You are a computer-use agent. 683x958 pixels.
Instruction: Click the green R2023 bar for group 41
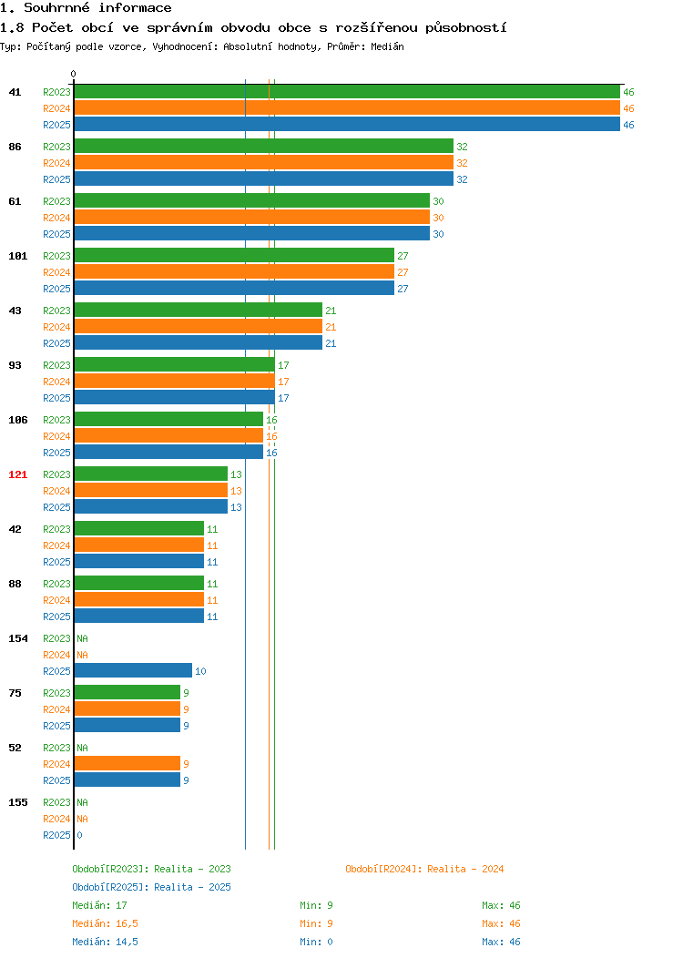(347, 92)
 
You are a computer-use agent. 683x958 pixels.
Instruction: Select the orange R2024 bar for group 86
(264, 162)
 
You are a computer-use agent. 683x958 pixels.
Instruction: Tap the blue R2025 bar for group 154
(133, 670)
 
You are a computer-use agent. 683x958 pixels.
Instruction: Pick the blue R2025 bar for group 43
(198, 342)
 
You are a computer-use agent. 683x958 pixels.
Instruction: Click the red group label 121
(17, 474)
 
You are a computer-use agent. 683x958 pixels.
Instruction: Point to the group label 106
(17, 420)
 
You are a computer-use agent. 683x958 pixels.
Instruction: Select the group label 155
(17, 802)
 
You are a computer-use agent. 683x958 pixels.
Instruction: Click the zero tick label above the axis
(74, 74)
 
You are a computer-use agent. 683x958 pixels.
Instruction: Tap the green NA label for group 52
(83, 748)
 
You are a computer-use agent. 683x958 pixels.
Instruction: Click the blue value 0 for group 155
(79, 835)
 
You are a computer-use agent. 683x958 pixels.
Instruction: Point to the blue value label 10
(200, 671)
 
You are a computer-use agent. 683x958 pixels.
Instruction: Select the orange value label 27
(403, 272)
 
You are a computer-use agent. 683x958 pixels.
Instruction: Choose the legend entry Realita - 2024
(424, 869)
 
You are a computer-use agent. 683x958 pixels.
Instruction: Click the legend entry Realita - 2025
(151, 887)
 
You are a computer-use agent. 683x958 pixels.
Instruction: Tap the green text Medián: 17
(99, 905)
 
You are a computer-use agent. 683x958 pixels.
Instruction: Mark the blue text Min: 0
(316, 943)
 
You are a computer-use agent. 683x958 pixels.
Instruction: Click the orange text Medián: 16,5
(105, 923)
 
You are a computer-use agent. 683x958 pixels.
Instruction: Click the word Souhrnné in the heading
(56, 8)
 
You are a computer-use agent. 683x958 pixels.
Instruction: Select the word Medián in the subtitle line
(387, 46)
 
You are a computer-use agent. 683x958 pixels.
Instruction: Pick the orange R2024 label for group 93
(56, 382)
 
